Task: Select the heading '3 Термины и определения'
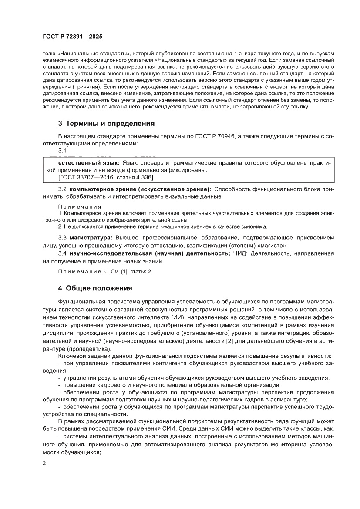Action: pos(106,124)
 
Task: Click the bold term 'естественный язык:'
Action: pos(89,162)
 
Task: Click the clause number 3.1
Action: pos(62,150)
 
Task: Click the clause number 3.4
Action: pos(62,253)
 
